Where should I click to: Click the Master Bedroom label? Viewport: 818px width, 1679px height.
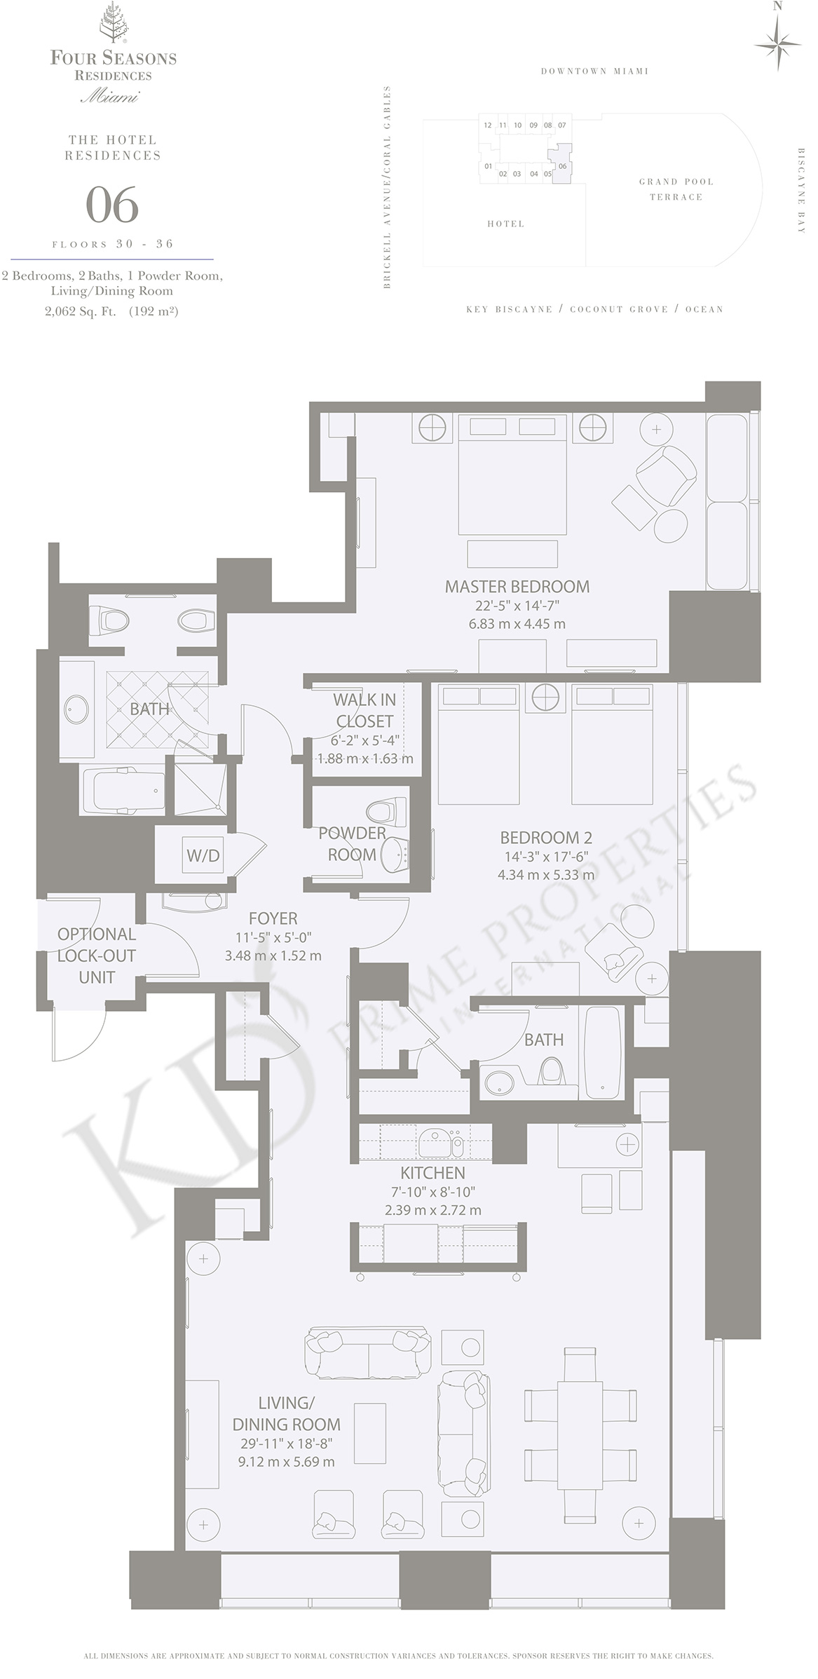[517, 586]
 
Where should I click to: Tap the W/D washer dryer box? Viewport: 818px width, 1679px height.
[203, 855]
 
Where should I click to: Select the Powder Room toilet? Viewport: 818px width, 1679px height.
[381, 812]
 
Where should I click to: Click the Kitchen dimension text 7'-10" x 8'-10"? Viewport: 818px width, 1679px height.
[432, 1191]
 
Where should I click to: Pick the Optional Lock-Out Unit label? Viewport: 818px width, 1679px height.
[97, 955]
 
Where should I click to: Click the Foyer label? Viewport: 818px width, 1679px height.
[273, 918]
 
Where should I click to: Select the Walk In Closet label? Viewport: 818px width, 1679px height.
[364, 709]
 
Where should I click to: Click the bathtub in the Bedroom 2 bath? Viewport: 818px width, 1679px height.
[603, 1053]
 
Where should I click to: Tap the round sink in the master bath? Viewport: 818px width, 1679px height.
[76, 709]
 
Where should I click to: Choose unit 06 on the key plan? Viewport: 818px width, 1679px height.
[562, 165]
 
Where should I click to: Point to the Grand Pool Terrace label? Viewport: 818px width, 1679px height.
[676, 189]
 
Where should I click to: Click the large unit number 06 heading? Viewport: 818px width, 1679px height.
[112, 206]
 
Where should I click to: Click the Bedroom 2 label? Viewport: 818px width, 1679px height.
[546, 837]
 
